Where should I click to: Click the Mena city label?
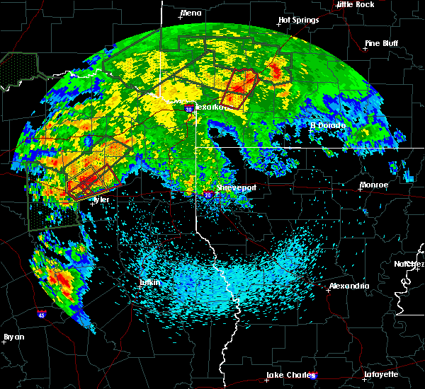click(191, 13)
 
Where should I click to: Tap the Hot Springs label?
click(298, 20)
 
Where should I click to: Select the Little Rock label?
click(355, 4)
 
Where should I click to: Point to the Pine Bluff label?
click(381, 43)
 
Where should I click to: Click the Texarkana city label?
click(210, 107)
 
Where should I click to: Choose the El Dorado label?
click(327, 125)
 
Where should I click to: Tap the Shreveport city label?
click(235, 187)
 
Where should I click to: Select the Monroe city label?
click(374, 185)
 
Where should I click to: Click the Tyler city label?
click(101, 199)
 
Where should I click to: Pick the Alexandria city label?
click(348, 286)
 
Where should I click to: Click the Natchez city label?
click(409, 264)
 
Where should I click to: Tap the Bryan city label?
click(14, 337)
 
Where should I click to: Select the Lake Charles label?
click(289, 374)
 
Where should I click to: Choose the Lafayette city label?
click(380, 373)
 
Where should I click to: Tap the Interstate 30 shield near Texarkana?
click(188, 109)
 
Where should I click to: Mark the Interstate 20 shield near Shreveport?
click(208, 192)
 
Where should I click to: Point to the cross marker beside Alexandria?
click(327, 289)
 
